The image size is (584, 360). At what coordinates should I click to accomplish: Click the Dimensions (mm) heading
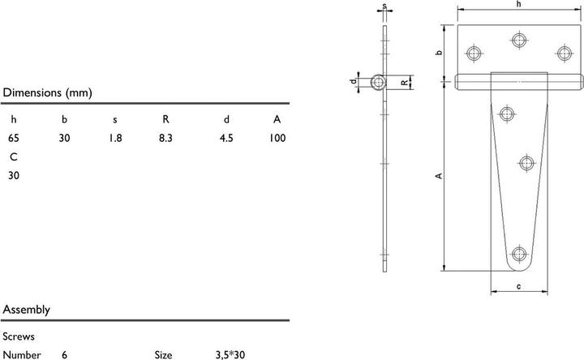click(47, 92)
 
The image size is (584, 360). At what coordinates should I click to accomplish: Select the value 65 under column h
click(14, 138)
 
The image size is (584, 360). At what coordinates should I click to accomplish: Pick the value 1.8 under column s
click(115, 138)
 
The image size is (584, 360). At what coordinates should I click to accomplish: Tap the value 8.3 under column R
click(165, 138)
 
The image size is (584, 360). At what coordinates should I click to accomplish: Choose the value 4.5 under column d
click(226, 138)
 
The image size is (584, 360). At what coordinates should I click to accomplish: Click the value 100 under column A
click(277, 138)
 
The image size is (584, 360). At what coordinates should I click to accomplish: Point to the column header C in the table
click(14, 156)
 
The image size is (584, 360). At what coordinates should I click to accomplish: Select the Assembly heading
click(27, 310)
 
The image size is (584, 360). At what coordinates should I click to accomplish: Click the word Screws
click(19, 336)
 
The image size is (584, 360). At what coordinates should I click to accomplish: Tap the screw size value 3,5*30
click(230, 355)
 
